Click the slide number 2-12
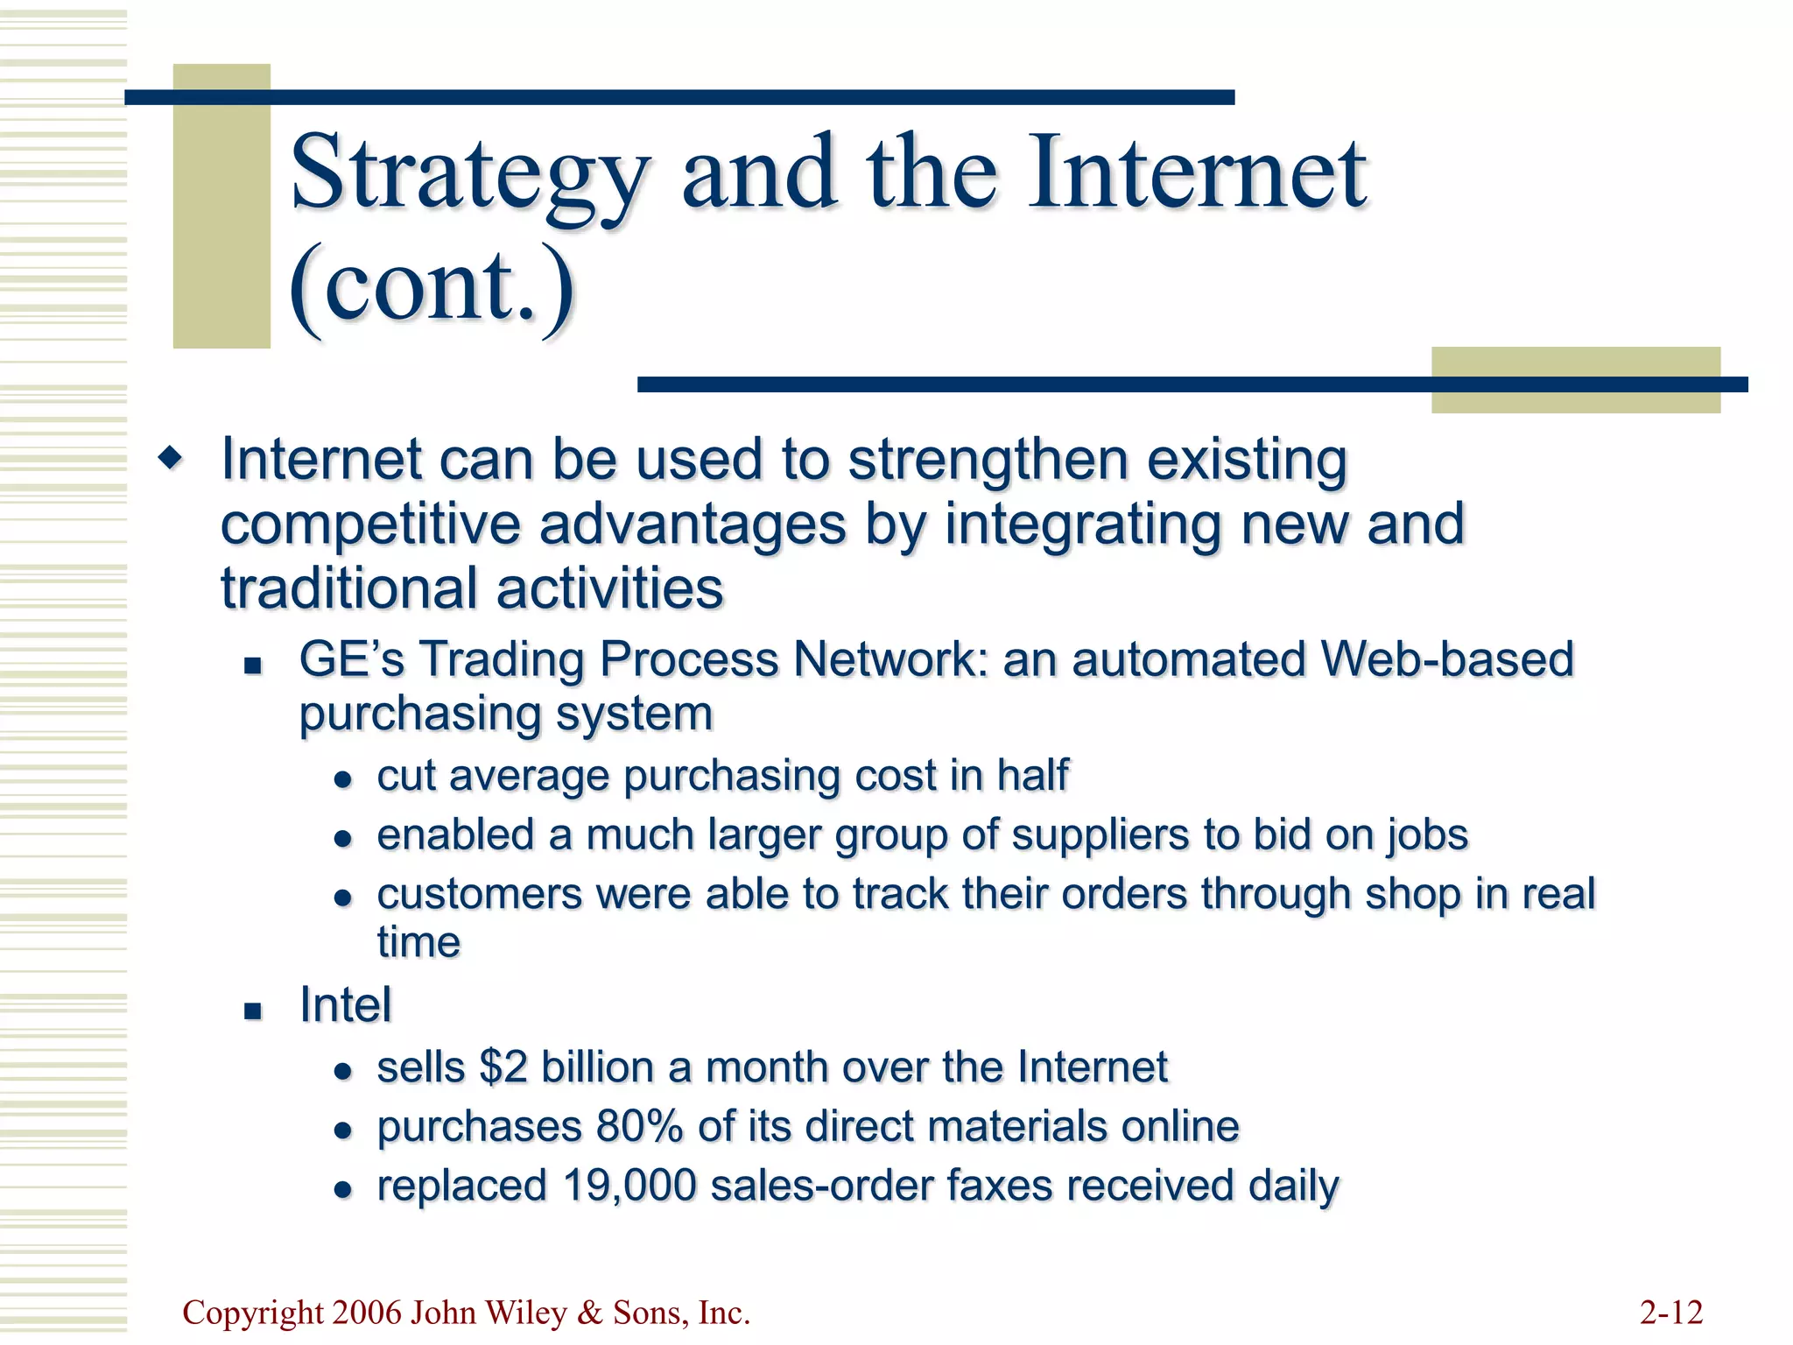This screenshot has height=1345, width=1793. pyautogui.click(x=1670, y=1313)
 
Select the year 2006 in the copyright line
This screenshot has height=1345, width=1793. pyautogui.click(x=368, y=1313)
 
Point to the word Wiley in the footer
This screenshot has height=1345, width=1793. pyautogui.click(x=524, y=1313)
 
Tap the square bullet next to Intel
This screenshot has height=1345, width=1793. pyautogui.click(x=253, y=1011)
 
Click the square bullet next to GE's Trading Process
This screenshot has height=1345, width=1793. pyautogui.click(x=253, y=665)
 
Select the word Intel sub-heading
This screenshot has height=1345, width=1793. pyautogui.click(x=345, y=1004)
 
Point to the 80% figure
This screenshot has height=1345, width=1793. pyautogui.click(x=638, y=1126)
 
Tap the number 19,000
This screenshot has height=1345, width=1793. pyautogui.click(x=629, y=1186)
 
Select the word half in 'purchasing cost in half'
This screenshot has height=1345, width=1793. pyautogui.click(x=1032, y=776)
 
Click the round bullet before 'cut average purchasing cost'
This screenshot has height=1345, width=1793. pyautogui.click(x=343, y=779)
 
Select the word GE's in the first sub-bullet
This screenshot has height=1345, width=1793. pyautogui.click(x=352, y=659)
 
